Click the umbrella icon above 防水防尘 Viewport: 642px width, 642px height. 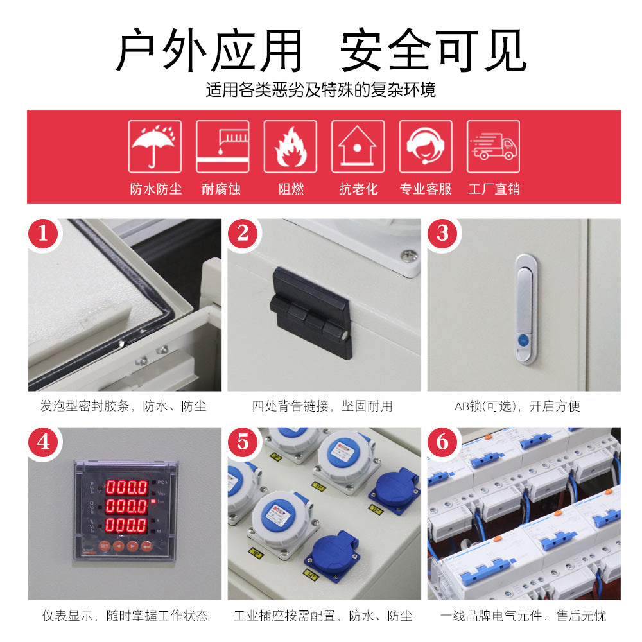tap(155, 146)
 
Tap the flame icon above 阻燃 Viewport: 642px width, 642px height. tap(290, 146)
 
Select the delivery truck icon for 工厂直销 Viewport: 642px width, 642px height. tap(493, 146)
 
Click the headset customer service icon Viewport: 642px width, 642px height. tap(426, 146)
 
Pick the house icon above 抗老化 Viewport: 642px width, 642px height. tap(358, 146)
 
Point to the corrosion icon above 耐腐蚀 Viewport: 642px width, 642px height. tap(222, 146)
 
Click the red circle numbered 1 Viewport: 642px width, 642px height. tap(44, 233)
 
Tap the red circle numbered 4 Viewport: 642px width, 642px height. tap(44, 442)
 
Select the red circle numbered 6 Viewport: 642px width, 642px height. tap(443, 442)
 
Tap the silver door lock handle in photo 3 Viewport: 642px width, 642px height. tap(526, 309)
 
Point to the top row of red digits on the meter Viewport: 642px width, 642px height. tap(126, 486)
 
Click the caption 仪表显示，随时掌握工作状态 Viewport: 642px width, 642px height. tap(125, 616)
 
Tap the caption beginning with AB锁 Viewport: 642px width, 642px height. tap(517, 406)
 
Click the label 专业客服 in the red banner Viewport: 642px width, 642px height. tap(426, 189)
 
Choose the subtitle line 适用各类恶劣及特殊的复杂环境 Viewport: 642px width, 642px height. tap(320, 90)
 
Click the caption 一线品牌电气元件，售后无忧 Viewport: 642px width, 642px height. tap(523, 616)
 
